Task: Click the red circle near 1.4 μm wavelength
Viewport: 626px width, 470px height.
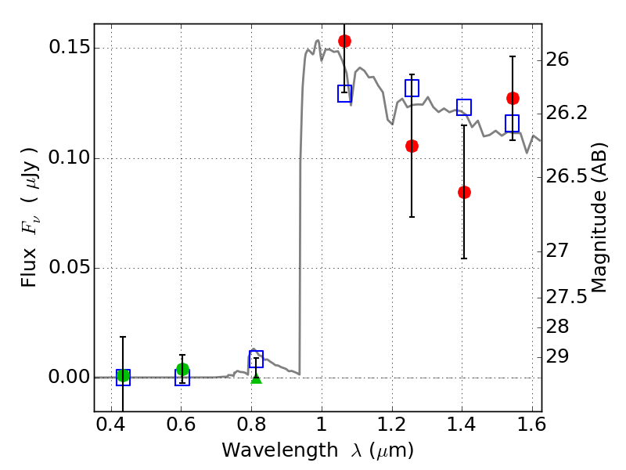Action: tap(464, 192)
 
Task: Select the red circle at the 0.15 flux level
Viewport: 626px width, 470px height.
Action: tap(344, 41)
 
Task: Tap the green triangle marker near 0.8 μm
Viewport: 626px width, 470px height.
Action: tap(257, 378)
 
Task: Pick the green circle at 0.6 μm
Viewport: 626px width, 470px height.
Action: tap(182, 369)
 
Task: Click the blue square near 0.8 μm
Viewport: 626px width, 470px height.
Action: tap(257, 359)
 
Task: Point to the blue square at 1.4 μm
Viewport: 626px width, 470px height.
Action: tap(464, 107)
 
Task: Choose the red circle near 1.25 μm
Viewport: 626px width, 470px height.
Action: tap(412, 146)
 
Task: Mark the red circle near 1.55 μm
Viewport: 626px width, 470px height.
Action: tap(513, 98)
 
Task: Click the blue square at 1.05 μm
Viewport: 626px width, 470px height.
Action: tap(344, 93)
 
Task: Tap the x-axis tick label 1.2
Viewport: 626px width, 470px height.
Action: tap(392, 425)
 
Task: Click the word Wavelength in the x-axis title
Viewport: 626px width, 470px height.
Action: tap(280, 450)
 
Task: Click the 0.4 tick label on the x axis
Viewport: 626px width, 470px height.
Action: tap(111, 425)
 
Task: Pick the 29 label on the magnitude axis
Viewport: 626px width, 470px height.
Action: tap(557, 356)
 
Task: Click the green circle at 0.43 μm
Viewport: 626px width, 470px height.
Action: tap(123, 376)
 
